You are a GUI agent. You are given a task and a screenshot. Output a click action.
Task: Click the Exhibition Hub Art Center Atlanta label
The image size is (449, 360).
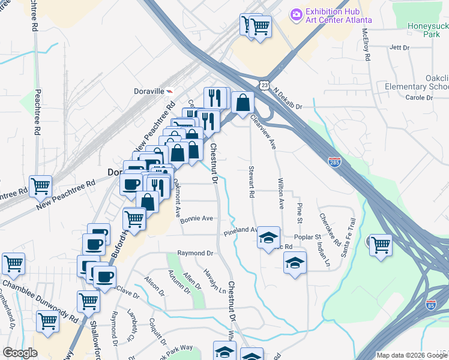coord(339,16)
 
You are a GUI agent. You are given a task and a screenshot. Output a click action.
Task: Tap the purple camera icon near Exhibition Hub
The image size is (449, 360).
coord(295,13)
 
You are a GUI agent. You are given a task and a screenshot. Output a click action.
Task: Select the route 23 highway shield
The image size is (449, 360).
coord(264,86)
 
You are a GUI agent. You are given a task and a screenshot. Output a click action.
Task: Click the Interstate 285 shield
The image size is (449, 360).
coord(335,162)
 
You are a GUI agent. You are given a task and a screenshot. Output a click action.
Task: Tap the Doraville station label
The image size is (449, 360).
coord(149,92)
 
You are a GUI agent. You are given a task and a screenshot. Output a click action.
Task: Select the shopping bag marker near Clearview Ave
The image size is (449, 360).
coord(242,103)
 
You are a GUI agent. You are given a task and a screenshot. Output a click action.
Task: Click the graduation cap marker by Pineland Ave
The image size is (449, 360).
coord(268,237)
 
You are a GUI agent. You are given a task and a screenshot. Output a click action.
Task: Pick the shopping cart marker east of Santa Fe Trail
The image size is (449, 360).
coord(381,244)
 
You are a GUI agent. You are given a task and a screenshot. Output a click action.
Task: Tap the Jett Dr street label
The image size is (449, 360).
coord(399,47)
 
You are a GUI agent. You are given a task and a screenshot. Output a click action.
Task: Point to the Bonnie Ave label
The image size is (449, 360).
coord(197,219)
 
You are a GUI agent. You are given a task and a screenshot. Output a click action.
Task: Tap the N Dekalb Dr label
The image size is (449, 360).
coord(288,99)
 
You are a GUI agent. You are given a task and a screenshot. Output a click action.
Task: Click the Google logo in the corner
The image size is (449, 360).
coord(20,353)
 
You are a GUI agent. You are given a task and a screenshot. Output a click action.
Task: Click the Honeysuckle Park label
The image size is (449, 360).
coord(428,30)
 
